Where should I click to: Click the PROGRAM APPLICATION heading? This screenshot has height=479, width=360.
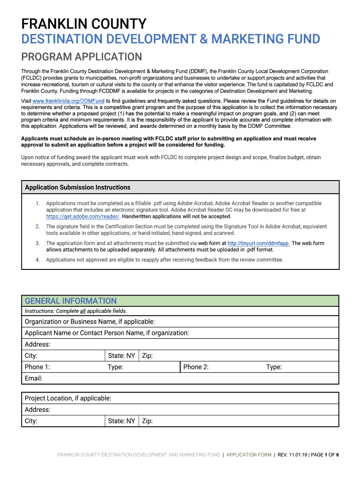81,57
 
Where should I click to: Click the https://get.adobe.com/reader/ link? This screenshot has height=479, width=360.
83,217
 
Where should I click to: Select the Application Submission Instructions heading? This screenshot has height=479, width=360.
78,188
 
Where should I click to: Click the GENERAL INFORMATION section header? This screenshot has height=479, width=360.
71,301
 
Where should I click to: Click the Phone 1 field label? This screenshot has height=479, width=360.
37,367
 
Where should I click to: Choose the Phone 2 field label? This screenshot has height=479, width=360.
196,367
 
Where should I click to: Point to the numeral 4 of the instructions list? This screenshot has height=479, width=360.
37,260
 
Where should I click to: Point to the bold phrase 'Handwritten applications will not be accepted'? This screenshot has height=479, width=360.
176,217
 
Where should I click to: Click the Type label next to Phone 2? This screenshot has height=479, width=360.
274,367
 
